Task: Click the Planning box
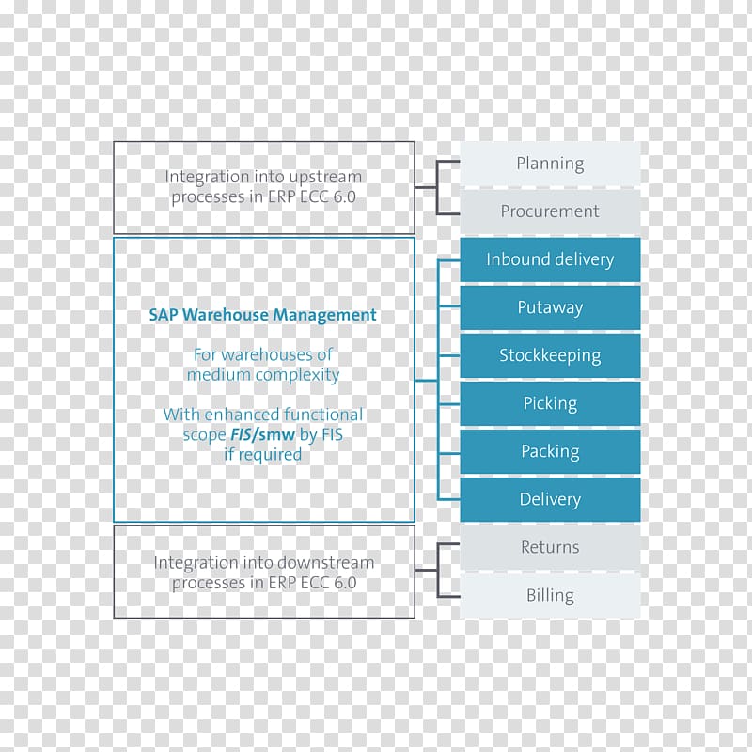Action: tap(550, 164)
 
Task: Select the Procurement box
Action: tap(550, 211)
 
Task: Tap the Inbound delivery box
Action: tap(550, 259)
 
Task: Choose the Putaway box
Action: tap(550, 307)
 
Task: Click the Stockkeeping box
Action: tap(550, 355)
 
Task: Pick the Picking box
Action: tap(550, 403)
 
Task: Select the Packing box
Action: tap(550, 451)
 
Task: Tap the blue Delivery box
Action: tap(550, 499)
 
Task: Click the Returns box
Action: tap(550, 547)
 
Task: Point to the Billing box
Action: tap(550, 595)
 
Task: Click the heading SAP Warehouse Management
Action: tap(263, 315)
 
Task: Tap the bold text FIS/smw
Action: tap(263, 434)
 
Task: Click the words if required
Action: tap(263, 455)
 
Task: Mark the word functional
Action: tap(323, 415)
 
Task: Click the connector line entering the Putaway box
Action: tap(449, 306)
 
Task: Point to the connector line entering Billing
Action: tap(449, 596)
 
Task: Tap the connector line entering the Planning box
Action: tap(448, 162)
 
